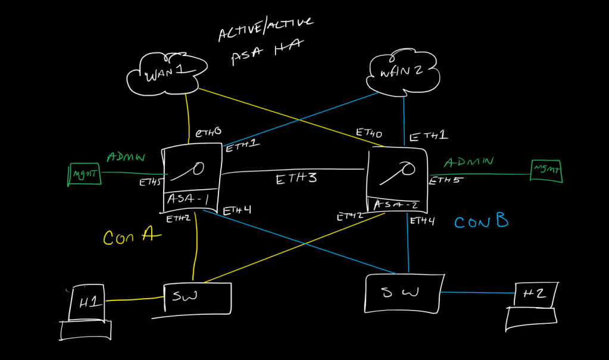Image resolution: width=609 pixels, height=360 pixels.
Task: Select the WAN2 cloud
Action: pos(404,73)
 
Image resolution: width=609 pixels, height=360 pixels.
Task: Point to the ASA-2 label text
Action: pos(396,205)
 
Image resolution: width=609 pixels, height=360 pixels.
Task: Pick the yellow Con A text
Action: pos(132,237)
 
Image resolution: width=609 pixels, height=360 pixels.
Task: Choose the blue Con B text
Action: pos(481,222)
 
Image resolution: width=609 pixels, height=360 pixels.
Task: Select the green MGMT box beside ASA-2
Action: pos(546,171)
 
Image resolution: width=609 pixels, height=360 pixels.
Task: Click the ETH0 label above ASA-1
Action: pos(209,132)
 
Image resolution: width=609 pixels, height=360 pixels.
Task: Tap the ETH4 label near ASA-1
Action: pos(237,210)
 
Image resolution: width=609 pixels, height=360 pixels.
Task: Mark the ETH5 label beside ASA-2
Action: pos(445,180)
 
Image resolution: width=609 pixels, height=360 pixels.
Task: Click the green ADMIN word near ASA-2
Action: pos(470,162)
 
